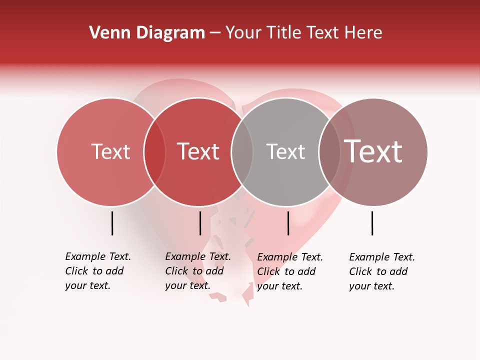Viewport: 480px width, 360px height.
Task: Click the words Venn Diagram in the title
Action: [147, 33]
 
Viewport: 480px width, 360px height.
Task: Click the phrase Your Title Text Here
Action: [303, 33]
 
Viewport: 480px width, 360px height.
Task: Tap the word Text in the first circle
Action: [110, 151]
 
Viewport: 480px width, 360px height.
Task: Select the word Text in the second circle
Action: [198, 151]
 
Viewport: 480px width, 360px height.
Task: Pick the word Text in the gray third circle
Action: [285, 151]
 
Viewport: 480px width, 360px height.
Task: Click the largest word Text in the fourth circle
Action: [373, 151]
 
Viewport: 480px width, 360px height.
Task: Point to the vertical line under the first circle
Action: [112, 223]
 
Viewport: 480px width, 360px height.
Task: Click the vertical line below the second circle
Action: [200, 223]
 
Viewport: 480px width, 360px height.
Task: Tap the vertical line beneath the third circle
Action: [288, 223]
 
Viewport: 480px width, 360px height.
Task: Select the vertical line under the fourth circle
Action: [372, 223]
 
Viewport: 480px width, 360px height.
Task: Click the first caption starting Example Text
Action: [98, 271]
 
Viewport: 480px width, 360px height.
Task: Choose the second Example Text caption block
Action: [198, 271]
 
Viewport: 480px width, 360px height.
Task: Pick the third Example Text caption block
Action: [290, 271]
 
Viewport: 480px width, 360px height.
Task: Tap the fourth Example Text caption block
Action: [382, 271]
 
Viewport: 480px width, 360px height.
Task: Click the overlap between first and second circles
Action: [154, 151]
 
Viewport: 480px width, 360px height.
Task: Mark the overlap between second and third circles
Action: [242, 151]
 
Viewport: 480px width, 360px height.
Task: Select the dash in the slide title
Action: [214, 33]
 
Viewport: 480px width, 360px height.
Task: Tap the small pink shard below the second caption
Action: [218, 297]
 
